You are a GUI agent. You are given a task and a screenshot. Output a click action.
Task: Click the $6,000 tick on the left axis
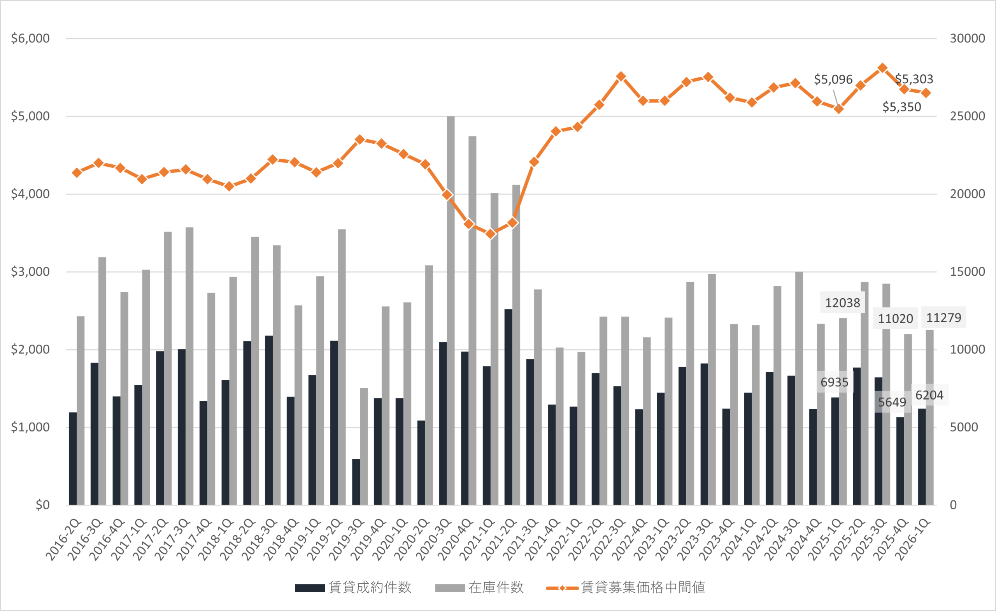[30, 39]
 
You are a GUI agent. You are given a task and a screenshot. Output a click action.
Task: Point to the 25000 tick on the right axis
[967, 116]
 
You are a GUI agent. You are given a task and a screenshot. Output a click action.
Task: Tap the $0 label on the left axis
[42, 505]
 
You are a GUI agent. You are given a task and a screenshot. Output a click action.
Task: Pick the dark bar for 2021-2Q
[508, 407]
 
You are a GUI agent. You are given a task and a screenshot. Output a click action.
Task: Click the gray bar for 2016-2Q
[81, 410]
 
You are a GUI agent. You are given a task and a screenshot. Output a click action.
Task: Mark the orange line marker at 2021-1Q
[491, 234]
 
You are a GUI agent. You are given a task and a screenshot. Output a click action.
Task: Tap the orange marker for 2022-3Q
[621, 76]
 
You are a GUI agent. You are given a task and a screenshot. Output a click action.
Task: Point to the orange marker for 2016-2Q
[77, 173]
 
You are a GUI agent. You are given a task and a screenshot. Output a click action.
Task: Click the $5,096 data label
[833, 79]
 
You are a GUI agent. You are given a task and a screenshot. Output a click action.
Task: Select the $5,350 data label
[901, 107]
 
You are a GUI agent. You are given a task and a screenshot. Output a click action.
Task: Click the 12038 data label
[842, 303]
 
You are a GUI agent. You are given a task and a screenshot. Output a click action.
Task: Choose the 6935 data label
[834, 382]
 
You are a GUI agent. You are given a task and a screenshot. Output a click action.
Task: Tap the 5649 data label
[892, 402]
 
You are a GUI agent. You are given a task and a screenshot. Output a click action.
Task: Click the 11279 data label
[943, 318]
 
